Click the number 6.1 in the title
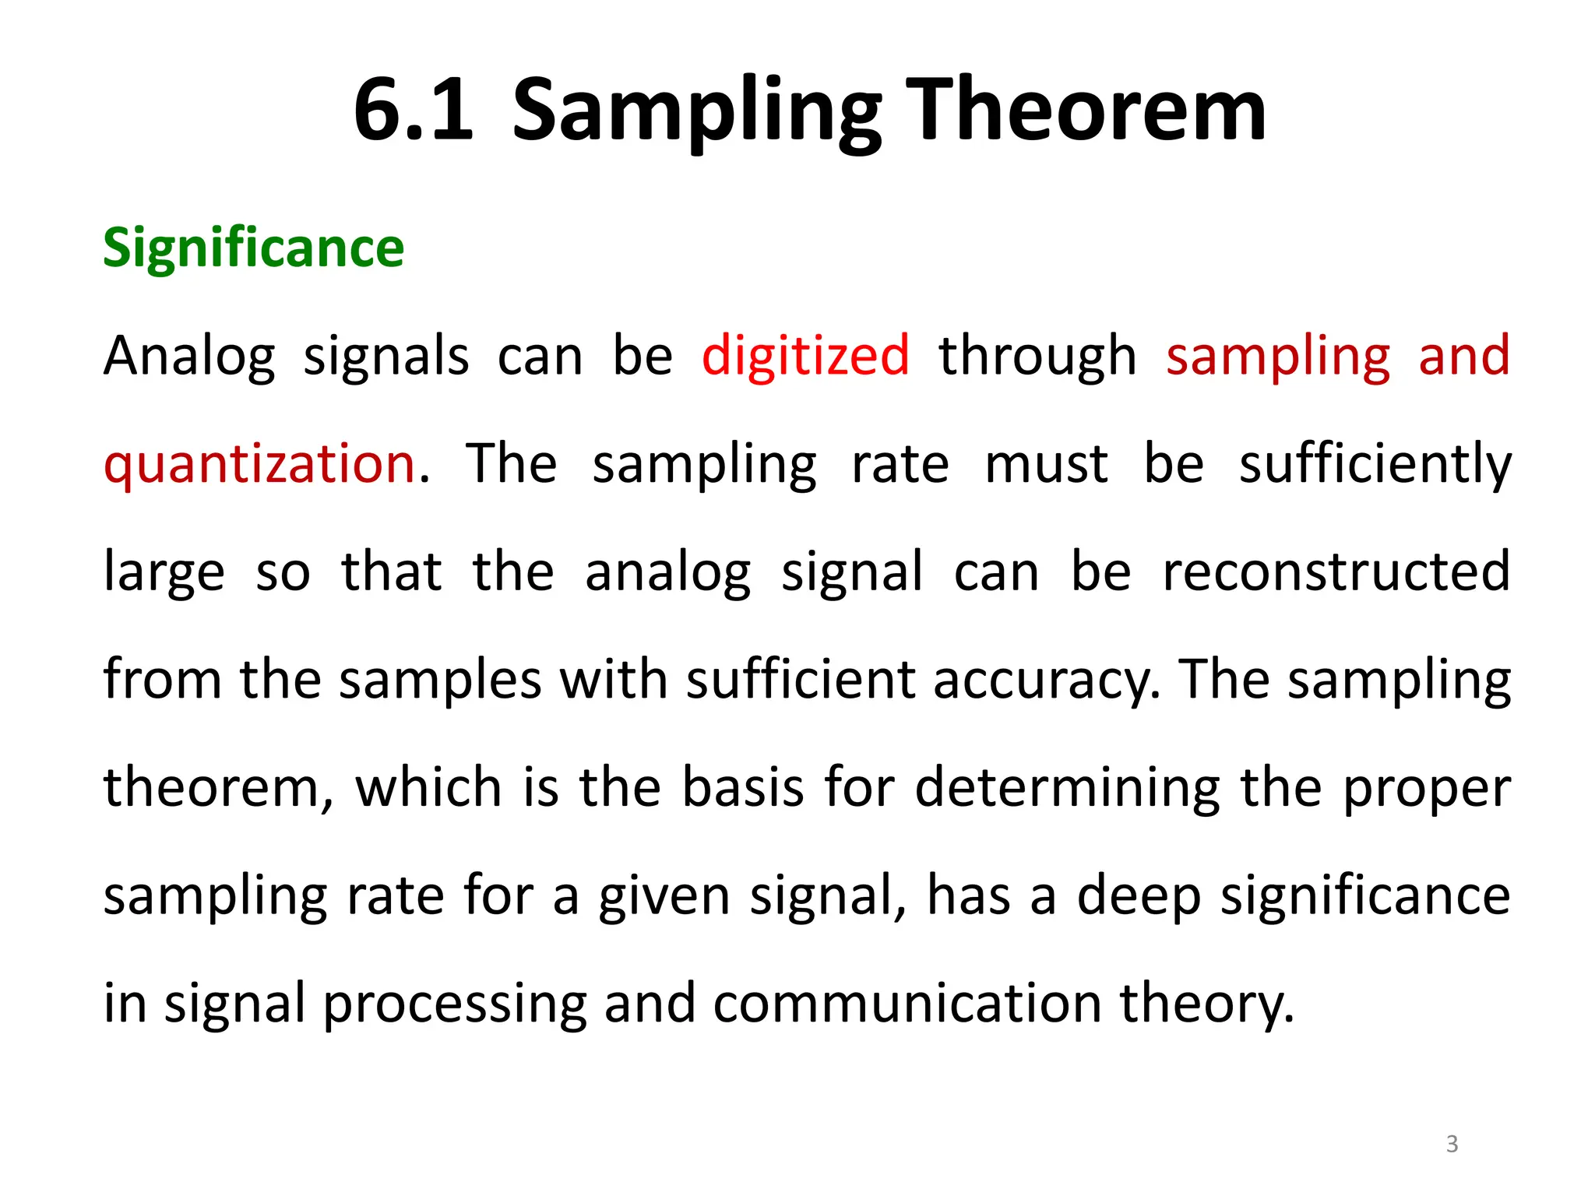click(414, 111)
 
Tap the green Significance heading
click(254, 248)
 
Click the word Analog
click(189, 357)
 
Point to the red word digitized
click(805, 355)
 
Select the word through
click(1037, 357)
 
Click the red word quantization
click(260, 464)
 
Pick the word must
click(1046, 464)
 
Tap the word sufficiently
click(1375, 464)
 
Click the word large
click(164, 573)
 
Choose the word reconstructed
click(1336, 572)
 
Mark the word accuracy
click(1047, 681)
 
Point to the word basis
click(742, 787)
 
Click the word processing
click(455, 1004)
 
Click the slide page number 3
click(1452, 1144)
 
